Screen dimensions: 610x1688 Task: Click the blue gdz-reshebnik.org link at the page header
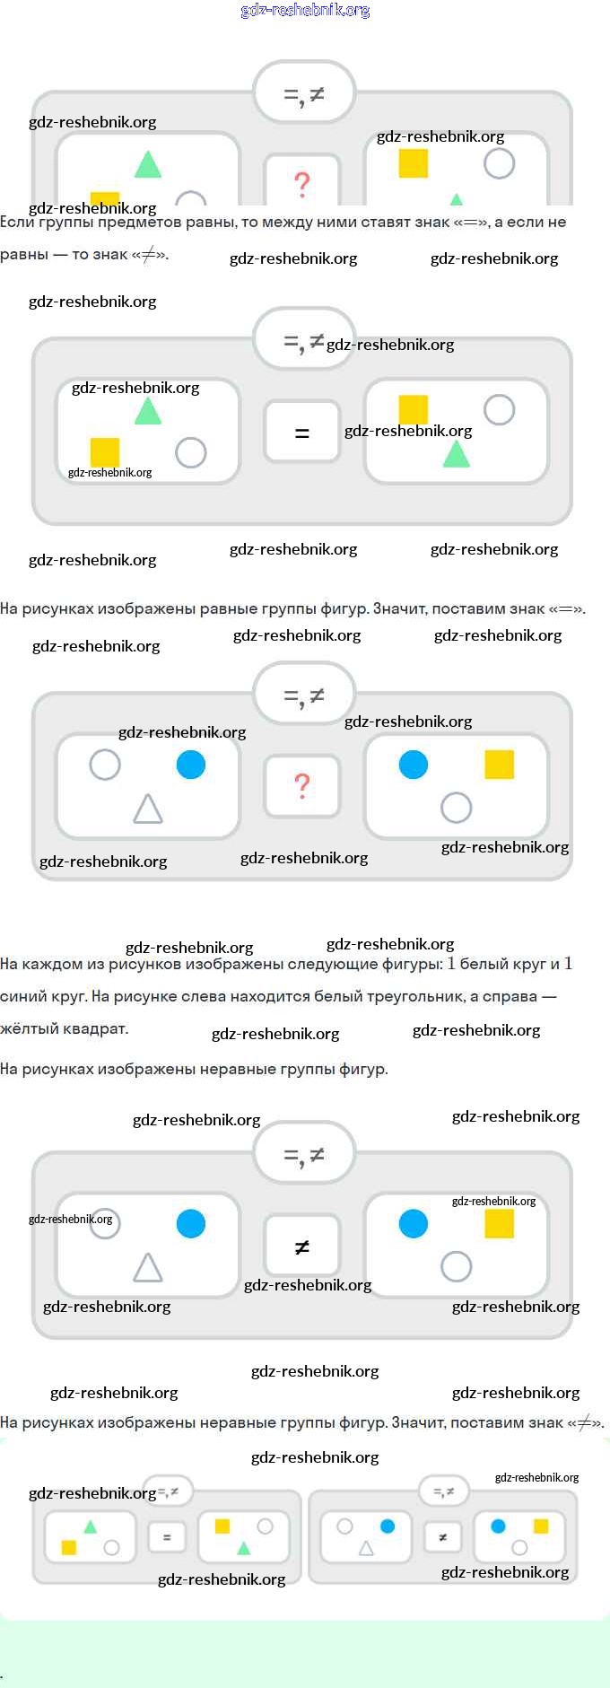click(305, 10)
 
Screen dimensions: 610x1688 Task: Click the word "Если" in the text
click(16, 222)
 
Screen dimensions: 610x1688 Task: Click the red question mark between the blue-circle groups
click(302, 785)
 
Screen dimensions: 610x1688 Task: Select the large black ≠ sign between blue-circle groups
click(302, 1246)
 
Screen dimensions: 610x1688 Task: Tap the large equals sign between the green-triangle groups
click(302, 433)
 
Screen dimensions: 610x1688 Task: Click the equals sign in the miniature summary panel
click(167, 1537)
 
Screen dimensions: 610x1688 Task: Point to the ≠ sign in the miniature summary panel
click(442, 1537)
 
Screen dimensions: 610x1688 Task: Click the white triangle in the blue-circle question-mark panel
click(148, 809)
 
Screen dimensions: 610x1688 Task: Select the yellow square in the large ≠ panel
click(500, 1223)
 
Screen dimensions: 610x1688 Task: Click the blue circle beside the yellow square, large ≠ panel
click(414, 1223)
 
